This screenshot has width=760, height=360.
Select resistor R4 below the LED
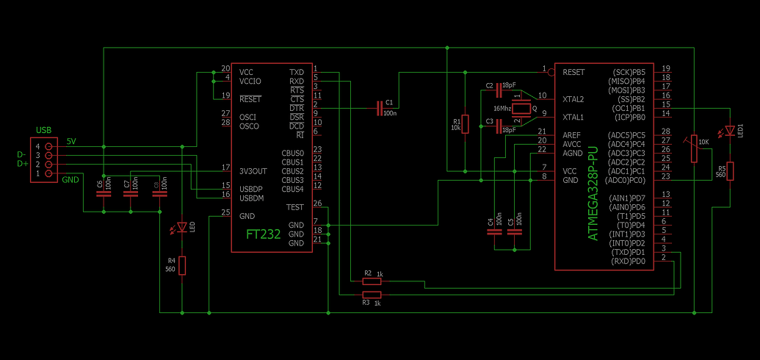182,265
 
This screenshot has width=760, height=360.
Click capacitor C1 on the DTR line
380,109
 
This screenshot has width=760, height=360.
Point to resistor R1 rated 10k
466,123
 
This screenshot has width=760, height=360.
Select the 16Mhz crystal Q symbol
521,109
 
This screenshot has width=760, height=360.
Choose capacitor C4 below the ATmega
493,231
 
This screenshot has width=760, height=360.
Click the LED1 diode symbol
730,131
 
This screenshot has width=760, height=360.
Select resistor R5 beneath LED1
730,172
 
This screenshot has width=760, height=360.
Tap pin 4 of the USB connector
48,147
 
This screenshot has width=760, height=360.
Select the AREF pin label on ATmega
572,135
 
